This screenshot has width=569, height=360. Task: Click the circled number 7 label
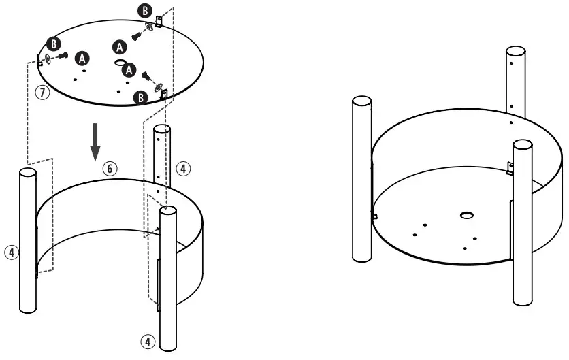43,92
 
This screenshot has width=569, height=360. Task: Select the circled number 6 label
111,168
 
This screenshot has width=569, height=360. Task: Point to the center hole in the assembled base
467,216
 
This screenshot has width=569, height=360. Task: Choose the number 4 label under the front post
147,341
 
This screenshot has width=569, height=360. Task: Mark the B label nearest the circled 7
53,44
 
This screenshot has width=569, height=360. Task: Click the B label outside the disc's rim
146,11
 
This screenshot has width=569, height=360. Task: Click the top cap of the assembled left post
361,101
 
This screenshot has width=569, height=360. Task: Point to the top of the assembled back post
515,52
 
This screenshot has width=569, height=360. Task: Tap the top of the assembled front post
522,145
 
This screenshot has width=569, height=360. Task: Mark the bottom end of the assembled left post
361,259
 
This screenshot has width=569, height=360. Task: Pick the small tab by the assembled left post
374,216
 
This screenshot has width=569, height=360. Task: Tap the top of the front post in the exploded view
168,211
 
